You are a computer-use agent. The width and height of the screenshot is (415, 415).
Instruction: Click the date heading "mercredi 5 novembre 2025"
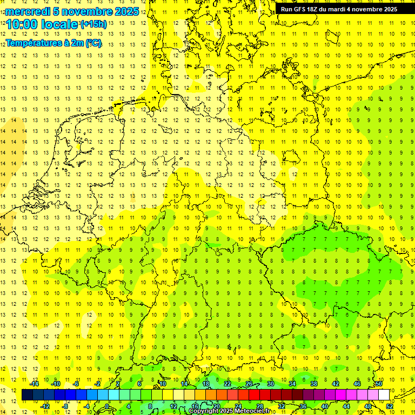point(72,11)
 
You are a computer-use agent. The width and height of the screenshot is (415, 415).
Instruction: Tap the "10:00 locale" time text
point(42,24)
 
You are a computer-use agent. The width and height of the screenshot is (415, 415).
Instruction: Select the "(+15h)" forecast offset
point(93,24)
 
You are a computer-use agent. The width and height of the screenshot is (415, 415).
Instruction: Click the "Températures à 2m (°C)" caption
point(53,43)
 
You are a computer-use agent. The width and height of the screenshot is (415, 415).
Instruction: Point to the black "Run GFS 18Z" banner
point(339,9)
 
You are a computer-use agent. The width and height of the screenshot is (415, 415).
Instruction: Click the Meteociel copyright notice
point(229,411)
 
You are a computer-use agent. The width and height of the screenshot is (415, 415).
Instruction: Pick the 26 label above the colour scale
point(249,383)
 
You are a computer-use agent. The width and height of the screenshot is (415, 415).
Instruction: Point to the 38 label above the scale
point(314,383)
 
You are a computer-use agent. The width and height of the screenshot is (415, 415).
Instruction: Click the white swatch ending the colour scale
point(384,394)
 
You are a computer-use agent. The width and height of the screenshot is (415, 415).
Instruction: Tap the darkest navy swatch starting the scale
point(27,394)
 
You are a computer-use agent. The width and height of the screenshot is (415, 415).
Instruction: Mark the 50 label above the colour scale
point(379,383)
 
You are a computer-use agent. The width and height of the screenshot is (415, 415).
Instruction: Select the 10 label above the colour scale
point(163,383)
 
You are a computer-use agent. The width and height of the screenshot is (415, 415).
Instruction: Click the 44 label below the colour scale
point(346,406)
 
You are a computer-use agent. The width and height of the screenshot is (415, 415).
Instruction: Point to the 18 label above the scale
point(206,383)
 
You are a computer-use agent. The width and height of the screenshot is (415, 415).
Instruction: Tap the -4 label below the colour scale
point(86,406)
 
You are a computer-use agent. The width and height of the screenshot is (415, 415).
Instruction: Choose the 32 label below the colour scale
point(282,406)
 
